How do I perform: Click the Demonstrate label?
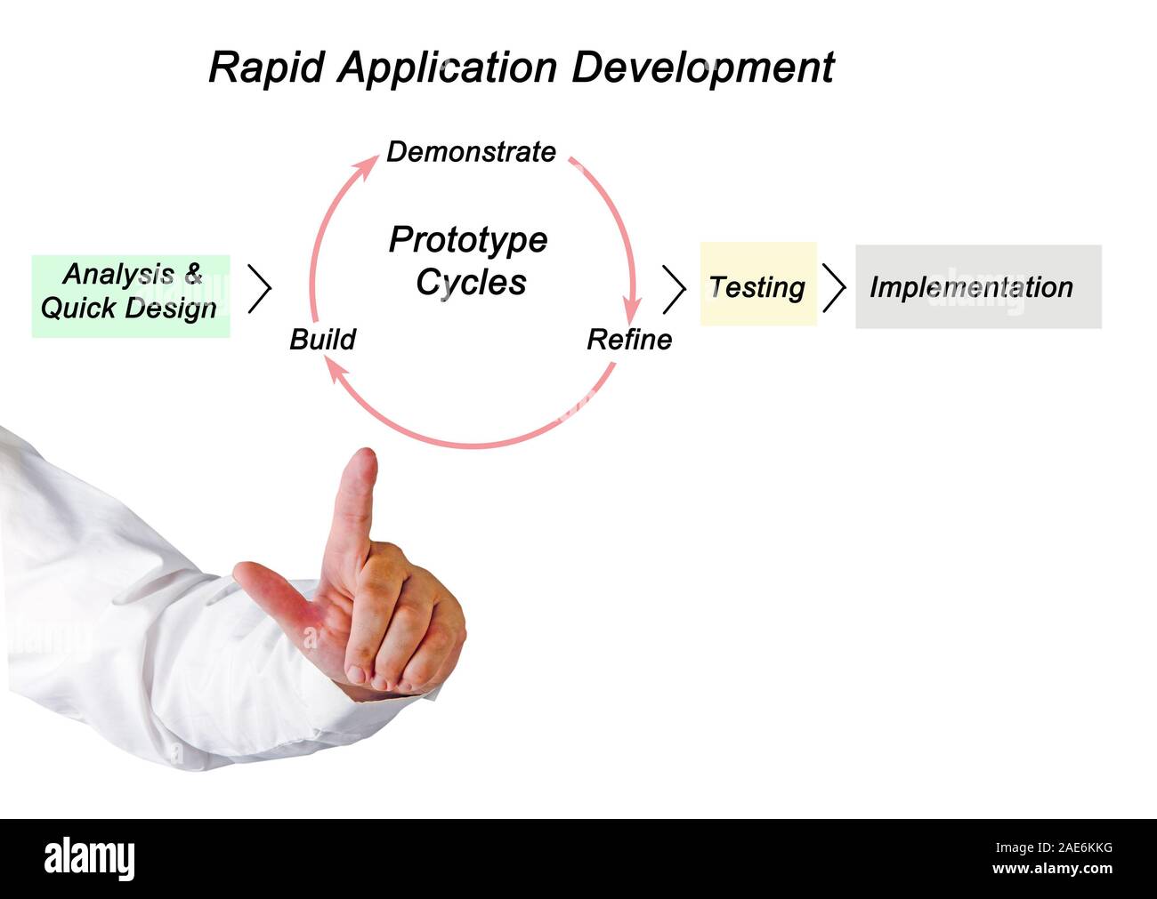(471, 151)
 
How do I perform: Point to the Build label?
(323, 340)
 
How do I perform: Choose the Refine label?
(629, 340)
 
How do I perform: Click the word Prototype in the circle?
(468, 240)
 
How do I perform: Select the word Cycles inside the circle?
(471, 282)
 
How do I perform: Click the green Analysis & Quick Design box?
(131, 296)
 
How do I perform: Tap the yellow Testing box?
(758, 284)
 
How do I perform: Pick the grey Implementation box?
(979, 286)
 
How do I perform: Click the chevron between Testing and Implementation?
(834, 288)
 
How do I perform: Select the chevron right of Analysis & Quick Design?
(260, 289)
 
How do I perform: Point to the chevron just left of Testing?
(674, 289)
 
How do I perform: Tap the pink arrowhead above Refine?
(633, 310)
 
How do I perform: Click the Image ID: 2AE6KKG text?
(1055, 847)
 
